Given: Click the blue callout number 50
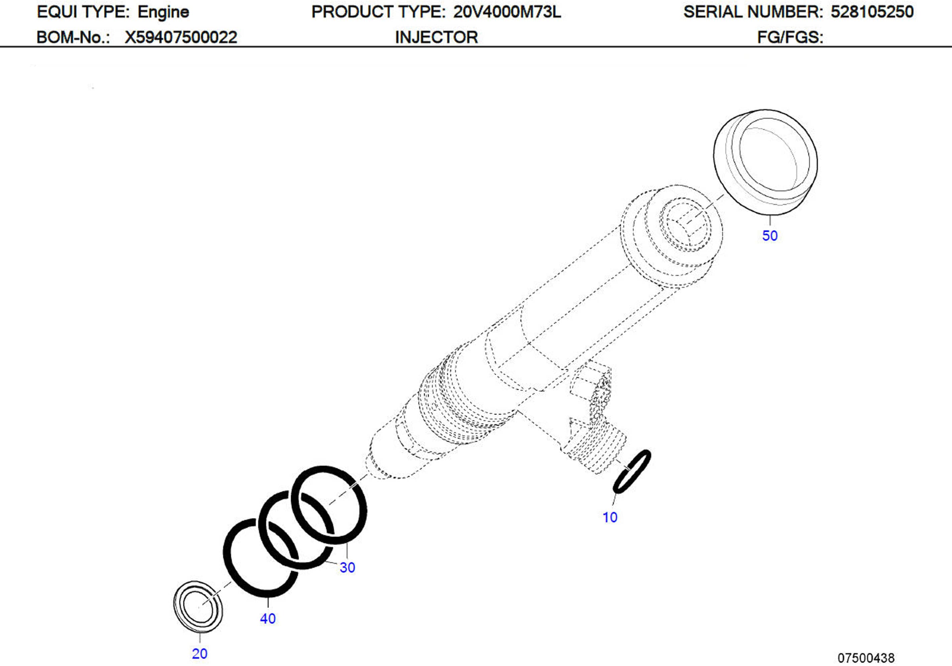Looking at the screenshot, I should pos(770,236).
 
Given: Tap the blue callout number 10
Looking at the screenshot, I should pos(609,517).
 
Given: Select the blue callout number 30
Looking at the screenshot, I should pos(347,567).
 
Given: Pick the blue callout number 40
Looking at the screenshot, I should pos(268,619).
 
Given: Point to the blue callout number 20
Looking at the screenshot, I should pos(199,654).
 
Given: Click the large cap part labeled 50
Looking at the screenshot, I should pos(765,162).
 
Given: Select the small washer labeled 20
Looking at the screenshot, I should pos(198,607).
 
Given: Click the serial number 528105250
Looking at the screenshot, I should pos(872,12).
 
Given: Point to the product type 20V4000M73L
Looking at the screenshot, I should pos(507,12).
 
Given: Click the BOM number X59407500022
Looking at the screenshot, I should pos(181,37).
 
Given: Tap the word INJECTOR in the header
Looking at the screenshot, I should pos(436,37).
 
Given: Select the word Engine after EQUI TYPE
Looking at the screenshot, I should pos(163,12).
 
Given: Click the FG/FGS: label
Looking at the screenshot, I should pos(790,37).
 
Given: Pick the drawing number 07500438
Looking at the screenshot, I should pos(866,658).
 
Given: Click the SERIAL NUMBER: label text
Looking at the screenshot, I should pos(753,12).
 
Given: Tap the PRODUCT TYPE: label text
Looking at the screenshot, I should pos(378,12).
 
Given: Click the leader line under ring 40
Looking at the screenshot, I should pos(268,602).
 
